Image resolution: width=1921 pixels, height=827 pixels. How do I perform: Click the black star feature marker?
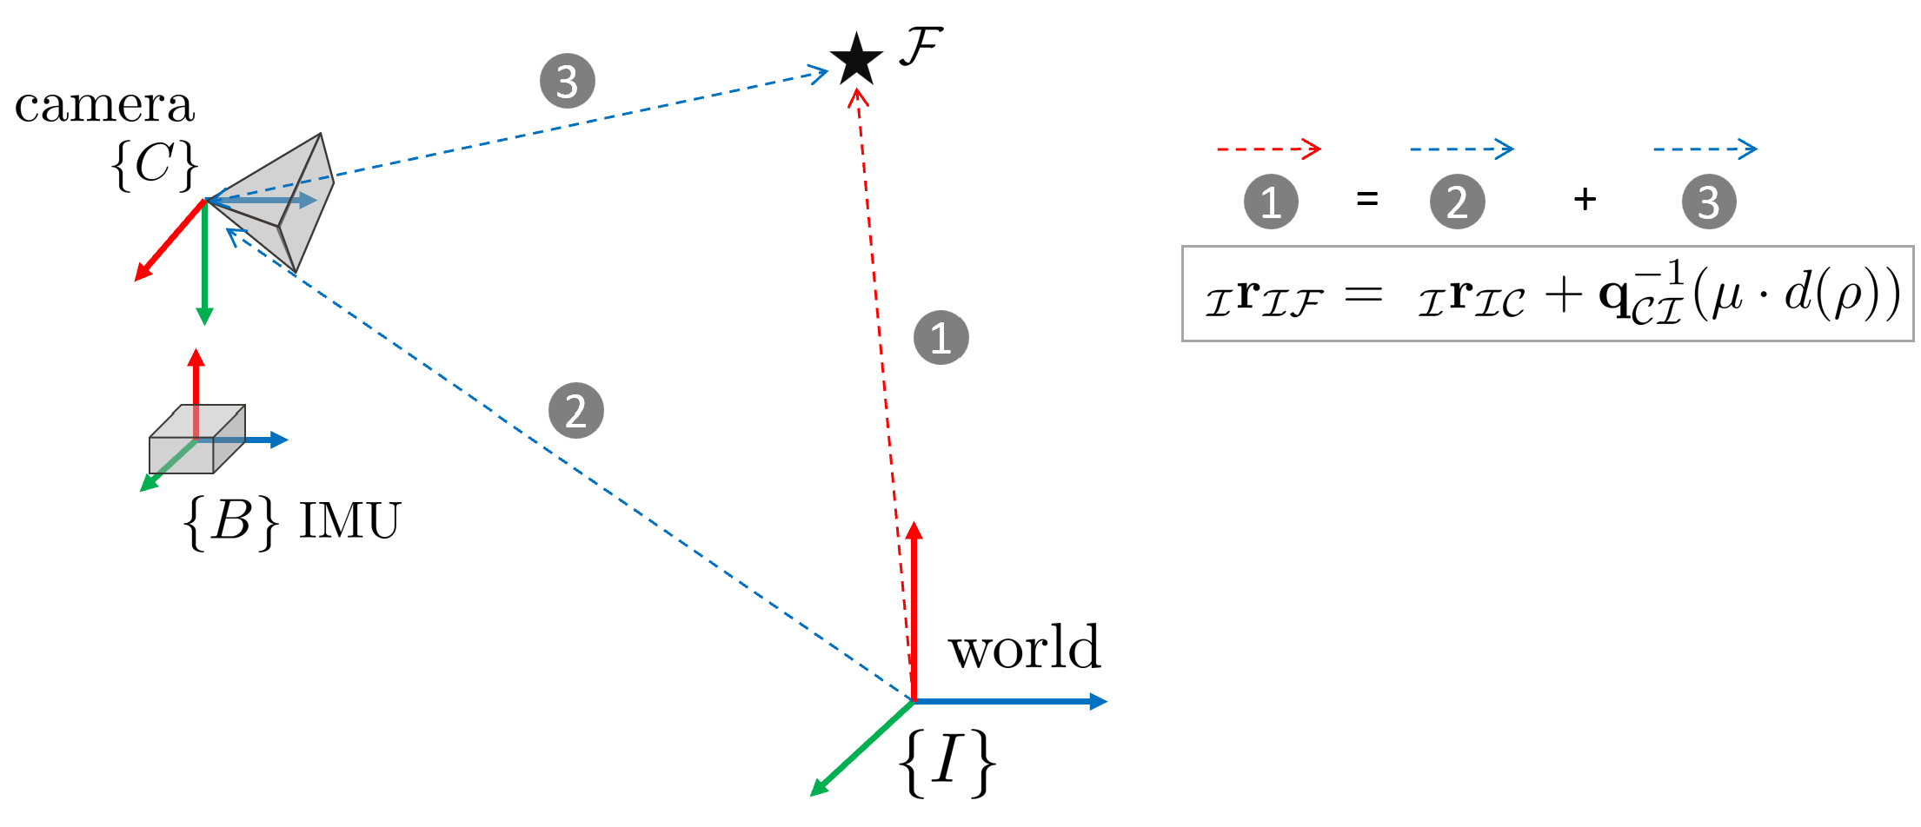(x=857, y=59)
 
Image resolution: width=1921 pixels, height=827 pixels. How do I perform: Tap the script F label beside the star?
(x=921, y=47)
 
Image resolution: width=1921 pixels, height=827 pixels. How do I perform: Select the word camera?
(x=104, y=106)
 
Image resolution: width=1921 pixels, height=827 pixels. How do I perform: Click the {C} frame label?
(x=155, y=164)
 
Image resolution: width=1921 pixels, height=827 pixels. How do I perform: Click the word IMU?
(x=349, y=521)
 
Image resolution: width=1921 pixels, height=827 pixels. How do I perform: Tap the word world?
(x=1025, y=648)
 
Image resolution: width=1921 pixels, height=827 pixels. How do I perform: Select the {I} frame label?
(x=947, y=762)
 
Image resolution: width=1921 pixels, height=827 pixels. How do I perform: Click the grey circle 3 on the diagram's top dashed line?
(x=568, y=82)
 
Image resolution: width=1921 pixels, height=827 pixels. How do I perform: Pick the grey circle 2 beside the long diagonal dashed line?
(x=576, y=411)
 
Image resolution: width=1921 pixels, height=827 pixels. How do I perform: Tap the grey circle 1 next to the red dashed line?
(x=941, y=337)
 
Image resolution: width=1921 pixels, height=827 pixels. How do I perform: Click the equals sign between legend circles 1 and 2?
(x=1367, y=200)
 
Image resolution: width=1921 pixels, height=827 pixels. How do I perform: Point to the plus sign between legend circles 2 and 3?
(x=1585, y=200)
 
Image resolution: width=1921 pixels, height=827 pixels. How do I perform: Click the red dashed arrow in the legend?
(x=1269, y=149)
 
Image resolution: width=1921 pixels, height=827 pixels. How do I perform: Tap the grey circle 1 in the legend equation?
(x=1271, y=202)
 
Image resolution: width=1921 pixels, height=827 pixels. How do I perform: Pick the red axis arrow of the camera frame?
(x=169, y=242)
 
